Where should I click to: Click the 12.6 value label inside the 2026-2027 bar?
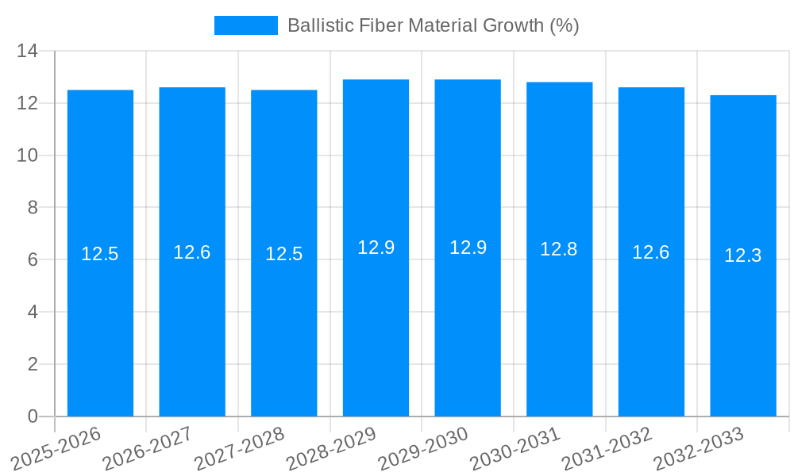pos(192,252)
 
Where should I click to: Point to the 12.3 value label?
pos(743,255)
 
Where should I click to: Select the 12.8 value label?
pos(559,249)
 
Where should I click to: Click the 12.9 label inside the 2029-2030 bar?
pos(468,248)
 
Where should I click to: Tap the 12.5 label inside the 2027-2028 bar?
pos(284,254)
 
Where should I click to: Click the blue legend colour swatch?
pos(246,25)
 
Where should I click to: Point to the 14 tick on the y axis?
pos(28,52)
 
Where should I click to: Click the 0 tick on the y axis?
pos(33,416)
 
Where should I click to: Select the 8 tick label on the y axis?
pos(33,208)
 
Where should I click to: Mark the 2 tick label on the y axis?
pos(33,364)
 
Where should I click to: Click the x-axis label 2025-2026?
pos(58,446)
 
